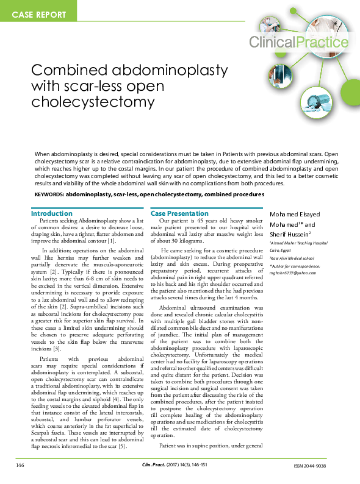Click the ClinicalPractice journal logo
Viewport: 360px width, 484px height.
(299, 42)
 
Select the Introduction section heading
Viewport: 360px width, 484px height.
(52, 214)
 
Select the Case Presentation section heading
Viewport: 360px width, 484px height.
(179, 214)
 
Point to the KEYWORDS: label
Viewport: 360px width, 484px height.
(50, 194)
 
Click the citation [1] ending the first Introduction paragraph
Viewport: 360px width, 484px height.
(112, 241)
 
